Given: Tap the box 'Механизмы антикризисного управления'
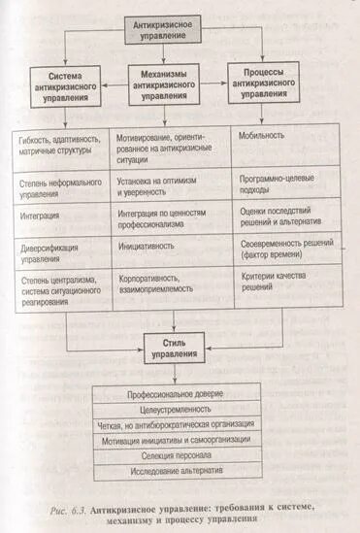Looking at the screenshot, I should pyautogui.click(x=170, y=85).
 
